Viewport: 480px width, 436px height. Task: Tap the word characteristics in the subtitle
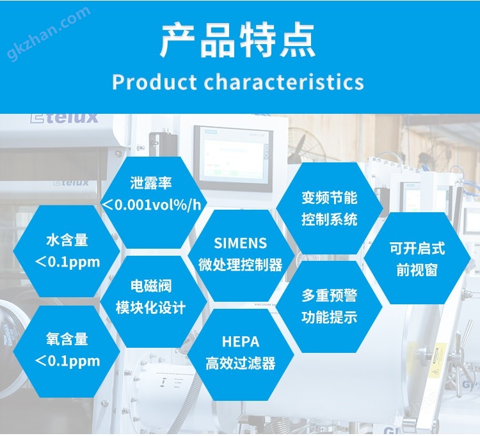[284, 82]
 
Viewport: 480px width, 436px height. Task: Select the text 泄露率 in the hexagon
[151, 183]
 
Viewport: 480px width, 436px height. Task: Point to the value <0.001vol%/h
[151, 205]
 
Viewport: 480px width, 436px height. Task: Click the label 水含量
[67, 240]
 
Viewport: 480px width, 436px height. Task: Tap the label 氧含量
[67, 339]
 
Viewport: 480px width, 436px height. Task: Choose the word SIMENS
[240, 243]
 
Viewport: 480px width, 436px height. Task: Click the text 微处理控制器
[240, 265]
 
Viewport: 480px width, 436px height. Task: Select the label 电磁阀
[151, 286]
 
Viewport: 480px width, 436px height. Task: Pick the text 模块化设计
[151, 308]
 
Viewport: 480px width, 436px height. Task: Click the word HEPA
[241, 342]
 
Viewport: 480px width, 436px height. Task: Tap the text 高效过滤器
[240, 364]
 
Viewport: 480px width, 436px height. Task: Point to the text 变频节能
[330, 198]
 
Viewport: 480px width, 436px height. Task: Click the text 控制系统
[330, 219]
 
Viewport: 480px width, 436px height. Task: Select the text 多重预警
[330, 295]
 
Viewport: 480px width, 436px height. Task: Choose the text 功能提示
[330, 317]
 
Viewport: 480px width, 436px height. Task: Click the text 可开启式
[417, 248]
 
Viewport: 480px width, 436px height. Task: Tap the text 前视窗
[417, 270]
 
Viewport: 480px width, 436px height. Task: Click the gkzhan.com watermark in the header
[49, 33]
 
